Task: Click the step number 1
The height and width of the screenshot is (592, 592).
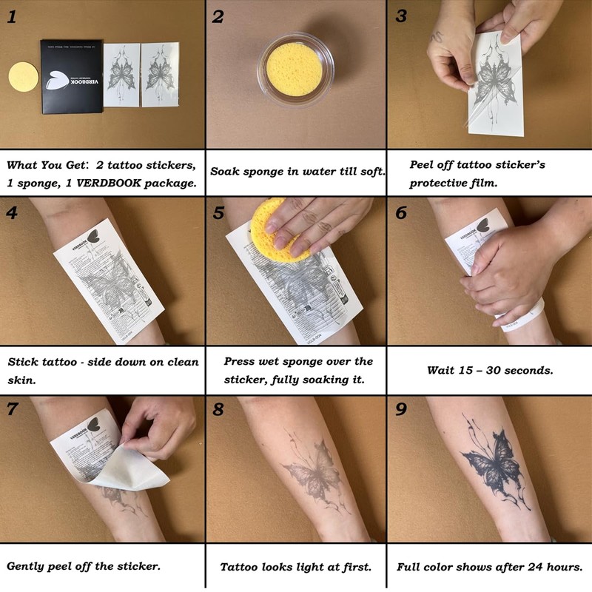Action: click(13, 17)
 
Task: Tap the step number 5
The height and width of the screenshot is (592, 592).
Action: click(218, 213)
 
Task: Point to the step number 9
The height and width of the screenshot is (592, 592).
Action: click(401, 409)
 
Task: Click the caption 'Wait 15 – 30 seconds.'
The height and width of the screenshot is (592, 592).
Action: click(490, 370)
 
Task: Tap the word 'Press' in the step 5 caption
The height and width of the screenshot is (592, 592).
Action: click(240, 362)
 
